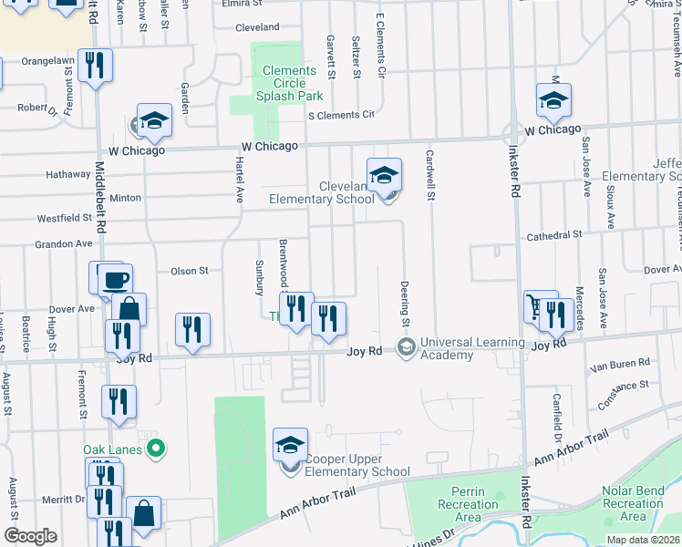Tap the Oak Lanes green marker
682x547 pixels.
(x=155, y=449)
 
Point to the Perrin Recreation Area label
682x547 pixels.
(x=468, y=504)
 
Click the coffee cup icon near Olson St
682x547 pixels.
(x=116, y=279)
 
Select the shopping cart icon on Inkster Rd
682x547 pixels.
(x=540, y=307)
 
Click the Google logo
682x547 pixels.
(x=31, y=536)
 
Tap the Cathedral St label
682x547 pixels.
(x=554, y=235)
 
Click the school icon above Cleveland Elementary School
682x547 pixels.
(x=385, y=174)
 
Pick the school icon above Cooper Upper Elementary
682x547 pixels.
(x=291, y=446)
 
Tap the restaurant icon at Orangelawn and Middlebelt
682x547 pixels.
(x=95, y=65)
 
